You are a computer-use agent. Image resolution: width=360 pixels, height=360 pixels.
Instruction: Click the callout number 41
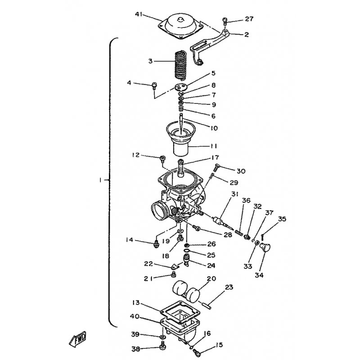point(139,14)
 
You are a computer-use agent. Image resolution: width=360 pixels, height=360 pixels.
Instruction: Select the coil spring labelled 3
point(181,65)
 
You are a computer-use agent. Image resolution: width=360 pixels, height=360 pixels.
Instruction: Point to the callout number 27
point(249,18)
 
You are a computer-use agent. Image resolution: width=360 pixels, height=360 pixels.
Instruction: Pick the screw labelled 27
point(224,22)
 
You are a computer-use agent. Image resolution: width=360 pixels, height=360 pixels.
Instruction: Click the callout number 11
point(213,146)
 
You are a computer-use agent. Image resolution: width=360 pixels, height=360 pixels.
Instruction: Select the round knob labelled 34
point(265,248)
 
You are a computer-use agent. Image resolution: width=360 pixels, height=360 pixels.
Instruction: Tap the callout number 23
point(229,287)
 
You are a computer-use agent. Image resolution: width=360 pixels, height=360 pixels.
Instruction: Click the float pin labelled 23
point(207,306)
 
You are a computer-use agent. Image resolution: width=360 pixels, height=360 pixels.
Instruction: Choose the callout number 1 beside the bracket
point(100,180)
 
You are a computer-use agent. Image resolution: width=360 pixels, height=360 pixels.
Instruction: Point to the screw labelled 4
point(154,86)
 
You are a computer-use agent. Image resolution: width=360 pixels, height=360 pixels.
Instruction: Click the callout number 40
point(135,316)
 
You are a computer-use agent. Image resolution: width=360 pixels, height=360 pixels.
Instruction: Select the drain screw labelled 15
point(197,353)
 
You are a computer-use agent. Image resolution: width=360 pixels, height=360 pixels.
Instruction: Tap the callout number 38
point(136,349)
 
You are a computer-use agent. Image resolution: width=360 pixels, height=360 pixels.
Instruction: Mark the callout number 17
point(215,157)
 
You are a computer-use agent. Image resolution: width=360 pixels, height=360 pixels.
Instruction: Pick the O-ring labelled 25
point(187,251)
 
